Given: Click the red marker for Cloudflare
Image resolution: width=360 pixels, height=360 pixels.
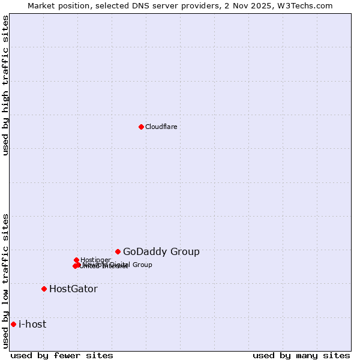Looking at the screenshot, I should [141, 127].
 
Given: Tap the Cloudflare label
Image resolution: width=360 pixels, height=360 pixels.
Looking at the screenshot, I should [161, 127].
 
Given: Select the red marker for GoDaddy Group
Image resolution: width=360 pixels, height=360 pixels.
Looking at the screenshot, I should [118, 251].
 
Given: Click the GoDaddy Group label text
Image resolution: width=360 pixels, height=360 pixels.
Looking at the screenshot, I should [161, 252].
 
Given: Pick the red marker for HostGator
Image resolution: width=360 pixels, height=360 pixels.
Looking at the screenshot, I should [44, 289].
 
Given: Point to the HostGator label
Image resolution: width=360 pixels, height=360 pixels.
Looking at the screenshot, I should [73, 289].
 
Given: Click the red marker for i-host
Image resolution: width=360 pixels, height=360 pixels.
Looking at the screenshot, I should [13, 324].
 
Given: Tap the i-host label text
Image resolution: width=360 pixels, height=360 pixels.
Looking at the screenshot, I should [32, 325].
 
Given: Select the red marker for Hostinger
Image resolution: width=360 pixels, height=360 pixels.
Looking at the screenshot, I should [76, 260].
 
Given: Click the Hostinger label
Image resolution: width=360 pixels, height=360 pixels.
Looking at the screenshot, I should [95, 260].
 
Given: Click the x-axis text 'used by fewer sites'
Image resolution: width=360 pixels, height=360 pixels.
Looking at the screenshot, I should [62, 355].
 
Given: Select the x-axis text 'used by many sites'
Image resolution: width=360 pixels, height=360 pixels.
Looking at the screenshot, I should [301, 355].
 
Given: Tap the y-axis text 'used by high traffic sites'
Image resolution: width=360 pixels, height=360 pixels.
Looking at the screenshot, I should [6, 85].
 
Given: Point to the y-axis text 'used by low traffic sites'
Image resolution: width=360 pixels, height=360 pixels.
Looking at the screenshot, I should [6, 281].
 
